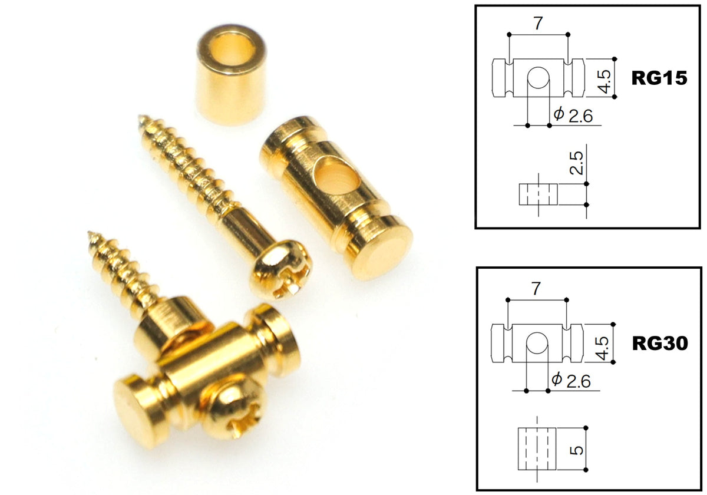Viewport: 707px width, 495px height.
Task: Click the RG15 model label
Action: pos(659,78)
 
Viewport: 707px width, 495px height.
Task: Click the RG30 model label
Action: pos(660,343)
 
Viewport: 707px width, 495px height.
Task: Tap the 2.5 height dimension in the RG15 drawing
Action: pos(576,163)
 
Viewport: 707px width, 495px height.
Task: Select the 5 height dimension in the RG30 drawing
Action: pos(577,450)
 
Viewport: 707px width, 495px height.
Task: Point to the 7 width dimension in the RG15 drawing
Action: pos(538,23)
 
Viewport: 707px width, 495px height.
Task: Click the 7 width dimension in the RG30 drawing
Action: pos(536,289)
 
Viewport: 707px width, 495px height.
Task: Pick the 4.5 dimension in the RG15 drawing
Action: pos(604,82)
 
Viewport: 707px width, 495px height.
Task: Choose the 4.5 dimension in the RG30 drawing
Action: pos(603,348)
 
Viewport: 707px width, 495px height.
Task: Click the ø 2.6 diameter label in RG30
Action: pos(571,380)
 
